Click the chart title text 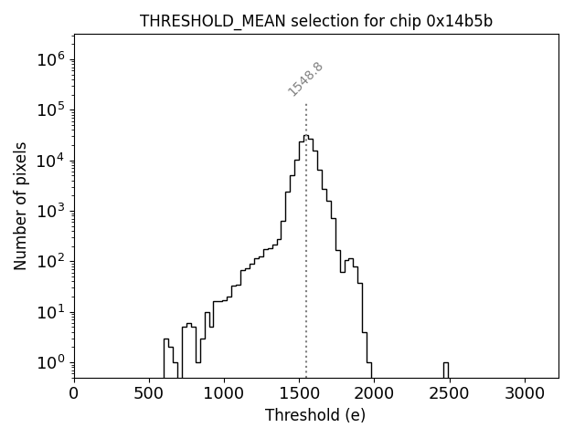pyautogui.click(x=315, y=21)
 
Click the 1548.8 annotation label pyautogui.click(x=305, y=78)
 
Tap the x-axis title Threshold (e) pyautogui.click(x=315, y=415)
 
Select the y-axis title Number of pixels pyautogui.click(x=20, y=206)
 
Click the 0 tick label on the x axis pyautogui.click(x=74, y=393)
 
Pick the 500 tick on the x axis pyautogui.click(x=149, y=393)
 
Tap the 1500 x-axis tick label pyautogui.click(x=299, y=393)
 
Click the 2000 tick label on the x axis pyautogui.click(x=374, y=393)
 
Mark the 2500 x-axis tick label pyautogui.click(x=449, y=393)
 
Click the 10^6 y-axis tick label pyautogui.click(x=53, y=60)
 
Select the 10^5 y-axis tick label pyautogui.click(x=53, y=110)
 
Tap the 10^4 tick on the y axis pyautogui.click(x=53, y=161)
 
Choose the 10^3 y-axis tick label pyautogui.click(x=53, y=212)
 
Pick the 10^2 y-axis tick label pyautogui.click(x=53, y=262)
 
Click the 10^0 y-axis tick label pyautogui.click(x=53, y=363)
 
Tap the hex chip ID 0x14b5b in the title pyautogui.click(x=459, y=21)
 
